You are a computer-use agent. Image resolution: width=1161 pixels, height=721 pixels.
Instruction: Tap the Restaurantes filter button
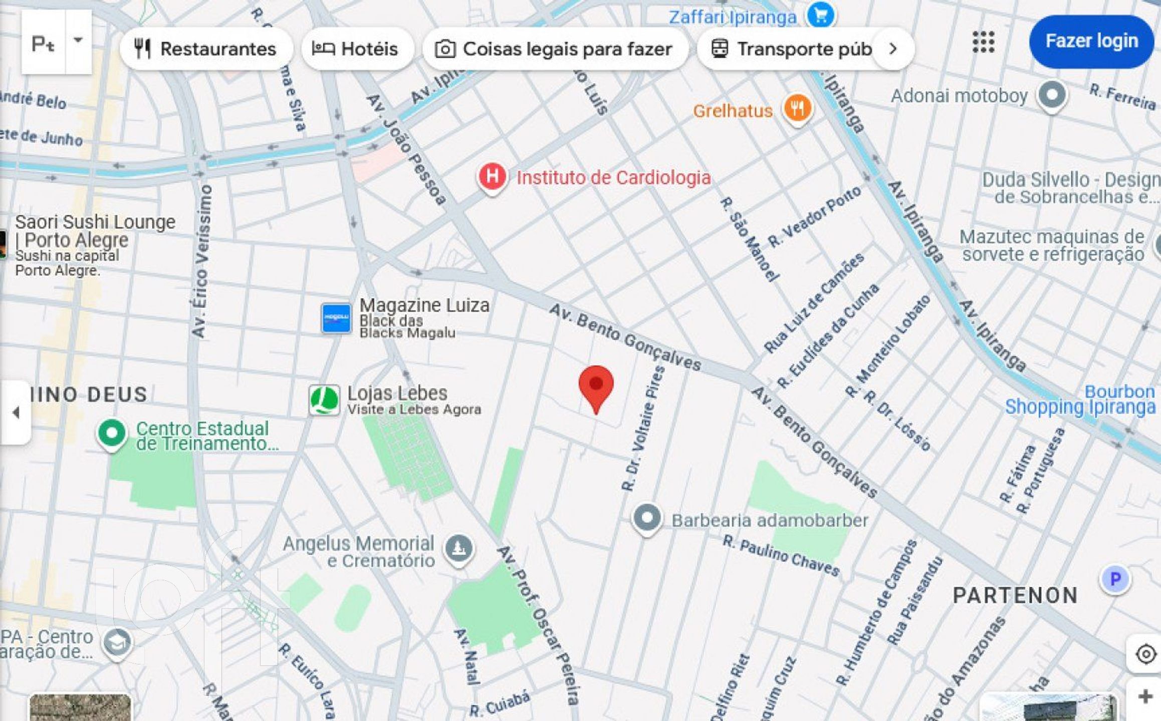(x=206, y=49)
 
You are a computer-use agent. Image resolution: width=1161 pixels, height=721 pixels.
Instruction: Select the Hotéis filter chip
(x=355, y=49)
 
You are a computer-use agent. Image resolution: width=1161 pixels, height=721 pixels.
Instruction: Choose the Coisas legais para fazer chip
(x=554, y=49)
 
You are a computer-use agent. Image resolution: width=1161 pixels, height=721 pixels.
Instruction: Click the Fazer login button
(x=1091, y=41)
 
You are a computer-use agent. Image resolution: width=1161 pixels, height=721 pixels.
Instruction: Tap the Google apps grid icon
(x=983, y=42)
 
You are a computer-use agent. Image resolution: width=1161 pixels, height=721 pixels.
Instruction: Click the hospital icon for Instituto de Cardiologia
(x=492, y=177)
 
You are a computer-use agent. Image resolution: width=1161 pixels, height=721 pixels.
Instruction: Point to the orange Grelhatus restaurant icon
(x=797, y=108)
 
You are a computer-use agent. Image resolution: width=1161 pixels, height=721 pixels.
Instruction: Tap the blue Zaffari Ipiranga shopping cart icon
(x=820, y=15)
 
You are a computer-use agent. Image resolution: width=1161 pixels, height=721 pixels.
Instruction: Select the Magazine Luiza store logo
(x=336, y=317)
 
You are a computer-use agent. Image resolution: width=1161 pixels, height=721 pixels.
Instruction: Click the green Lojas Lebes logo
(x=324, y=400)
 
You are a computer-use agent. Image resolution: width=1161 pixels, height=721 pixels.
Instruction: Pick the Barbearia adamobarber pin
(x=647, y=518)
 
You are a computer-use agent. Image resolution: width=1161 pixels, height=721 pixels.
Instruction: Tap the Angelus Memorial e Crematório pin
(x=459, y=548)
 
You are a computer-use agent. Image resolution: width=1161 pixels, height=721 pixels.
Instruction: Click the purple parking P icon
(x=1115, y=579)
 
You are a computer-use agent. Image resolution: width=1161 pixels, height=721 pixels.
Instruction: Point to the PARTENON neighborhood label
(x=1015, y=595)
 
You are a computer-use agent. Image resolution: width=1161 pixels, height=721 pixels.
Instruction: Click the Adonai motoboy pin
(x=1052, y=95)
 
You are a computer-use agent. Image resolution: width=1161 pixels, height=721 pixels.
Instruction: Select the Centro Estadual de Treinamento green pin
(x=112, y=434)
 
